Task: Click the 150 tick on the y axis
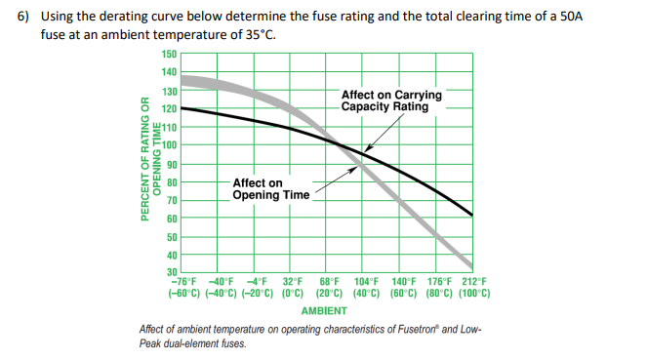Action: (169, 54)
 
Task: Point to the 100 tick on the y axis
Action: (169, 145)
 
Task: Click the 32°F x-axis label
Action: (294, 282)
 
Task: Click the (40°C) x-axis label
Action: (368, 293)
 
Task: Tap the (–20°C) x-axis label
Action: (259, 293)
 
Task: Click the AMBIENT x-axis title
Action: (324, 311)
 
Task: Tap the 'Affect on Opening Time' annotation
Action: (270, 188)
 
